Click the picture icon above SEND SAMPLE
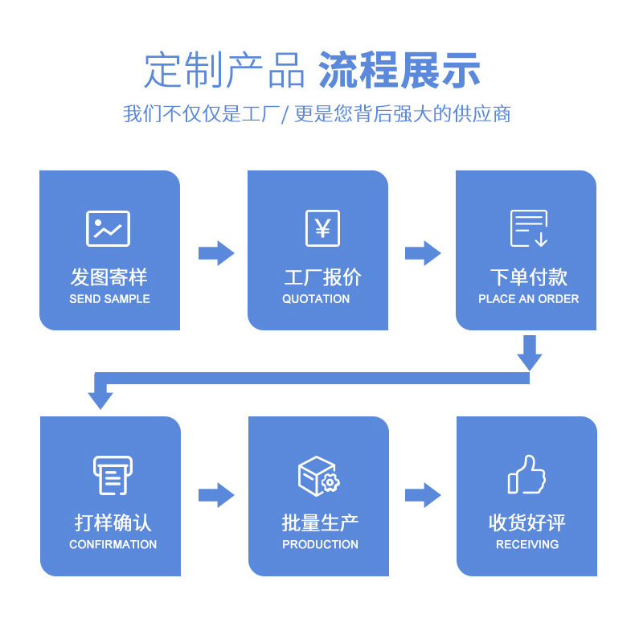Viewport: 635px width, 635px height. (109, 228)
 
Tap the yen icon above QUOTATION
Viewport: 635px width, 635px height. (322, 228)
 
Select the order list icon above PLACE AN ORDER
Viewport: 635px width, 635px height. (529, 228)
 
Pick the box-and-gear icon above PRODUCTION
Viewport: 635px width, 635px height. (318, 475)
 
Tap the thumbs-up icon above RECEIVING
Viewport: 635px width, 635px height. (526, 474)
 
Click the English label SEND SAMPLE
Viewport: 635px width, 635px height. (109, 299)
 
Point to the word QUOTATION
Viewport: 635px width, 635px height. (316, 299)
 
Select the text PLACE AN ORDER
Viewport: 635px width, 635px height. (528, 299)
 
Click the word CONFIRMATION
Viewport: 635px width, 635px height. (113, 545)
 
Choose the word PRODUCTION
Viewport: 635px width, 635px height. (320, 545)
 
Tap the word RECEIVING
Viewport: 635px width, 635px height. (527, 545)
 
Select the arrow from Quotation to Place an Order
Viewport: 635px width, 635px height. (423, 253)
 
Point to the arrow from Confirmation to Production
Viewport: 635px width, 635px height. (215, 495)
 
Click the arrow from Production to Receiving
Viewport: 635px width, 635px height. (423, 495)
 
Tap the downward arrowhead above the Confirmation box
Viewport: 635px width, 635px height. (100, 397)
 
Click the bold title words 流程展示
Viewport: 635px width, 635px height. (399, 70)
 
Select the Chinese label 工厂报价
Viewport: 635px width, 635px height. (322, 278)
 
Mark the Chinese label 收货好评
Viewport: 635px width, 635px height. (526, 523)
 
